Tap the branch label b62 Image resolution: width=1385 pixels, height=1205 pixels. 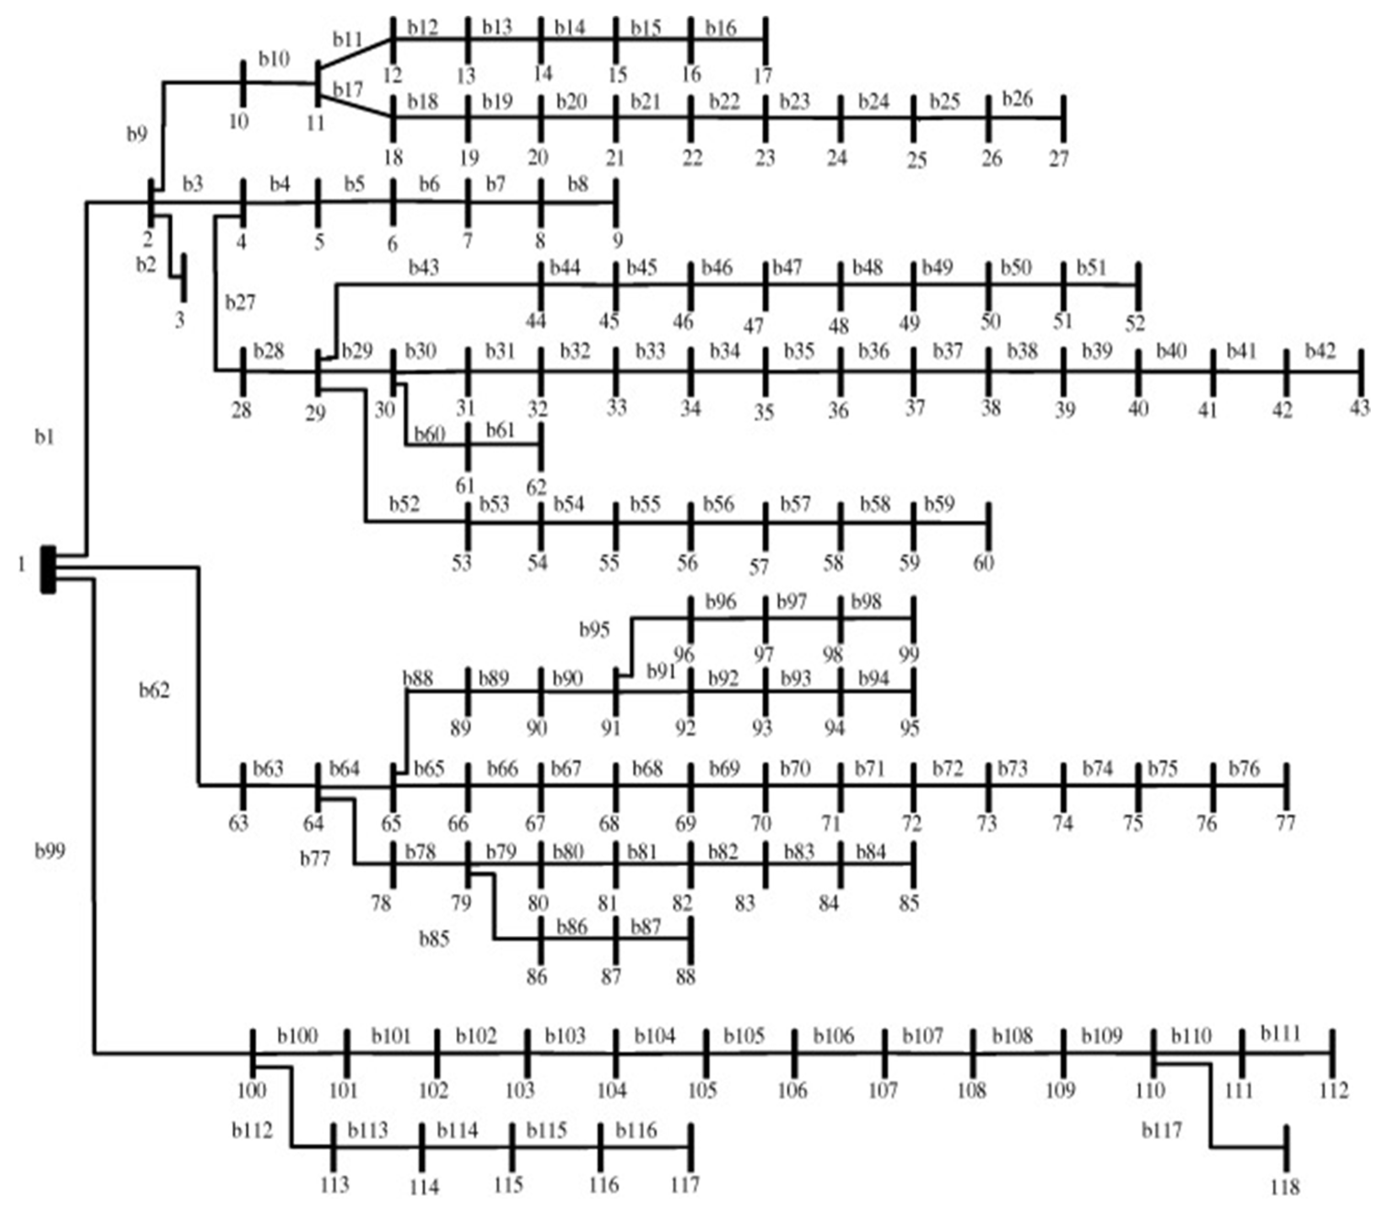[155, 690]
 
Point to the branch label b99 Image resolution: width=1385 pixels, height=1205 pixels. [50, 851]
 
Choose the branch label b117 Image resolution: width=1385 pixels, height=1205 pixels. [1162, 1131]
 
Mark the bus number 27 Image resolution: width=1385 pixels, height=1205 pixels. [1059, 159]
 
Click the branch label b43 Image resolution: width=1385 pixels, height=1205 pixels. [424, 268]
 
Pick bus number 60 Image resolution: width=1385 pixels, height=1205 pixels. [983, 562]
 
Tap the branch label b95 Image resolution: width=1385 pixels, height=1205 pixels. [595, 629]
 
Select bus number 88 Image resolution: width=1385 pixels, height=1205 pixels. [685, 976]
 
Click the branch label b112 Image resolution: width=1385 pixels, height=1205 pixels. [253, 1131]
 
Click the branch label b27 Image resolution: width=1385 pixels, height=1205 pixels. [240, 303]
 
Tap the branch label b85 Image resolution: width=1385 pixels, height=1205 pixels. [434, 938]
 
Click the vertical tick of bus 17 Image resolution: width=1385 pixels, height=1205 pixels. [765, 39]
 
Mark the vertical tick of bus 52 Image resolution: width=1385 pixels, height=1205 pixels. [1137, 285]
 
